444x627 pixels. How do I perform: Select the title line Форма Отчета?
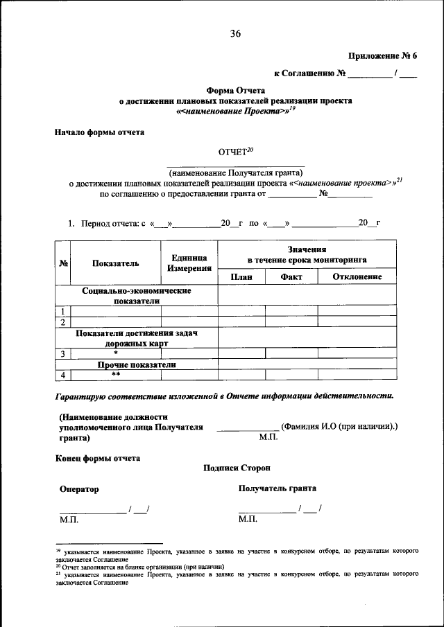pos(234,89)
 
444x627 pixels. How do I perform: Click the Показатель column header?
pos(115,263)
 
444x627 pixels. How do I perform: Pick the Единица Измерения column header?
pos(189,263)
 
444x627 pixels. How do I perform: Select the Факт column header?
pos(291,277)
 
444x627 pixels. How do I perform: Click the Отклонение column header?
pos(357,277)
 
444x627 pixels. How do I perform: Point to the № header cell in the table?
pos(63,263)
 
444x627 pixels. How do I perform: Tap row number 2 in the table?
pos(63,322)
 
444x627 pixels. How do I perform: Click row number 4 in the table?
pos(63,375)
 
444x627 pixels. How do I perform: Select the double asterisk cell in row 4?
pos(116,375)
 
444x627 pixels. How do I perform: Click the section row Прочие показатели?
pos(136,364)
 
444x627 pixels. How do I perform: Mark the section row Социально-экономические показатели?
pos(136,296)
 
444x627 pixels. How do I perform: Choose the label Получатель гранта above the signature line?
pos(277,488)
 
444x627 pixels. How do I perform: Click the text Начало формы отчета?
pos(100,132)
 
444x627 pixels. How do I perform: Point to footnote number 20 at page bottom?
pos(58,566)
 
